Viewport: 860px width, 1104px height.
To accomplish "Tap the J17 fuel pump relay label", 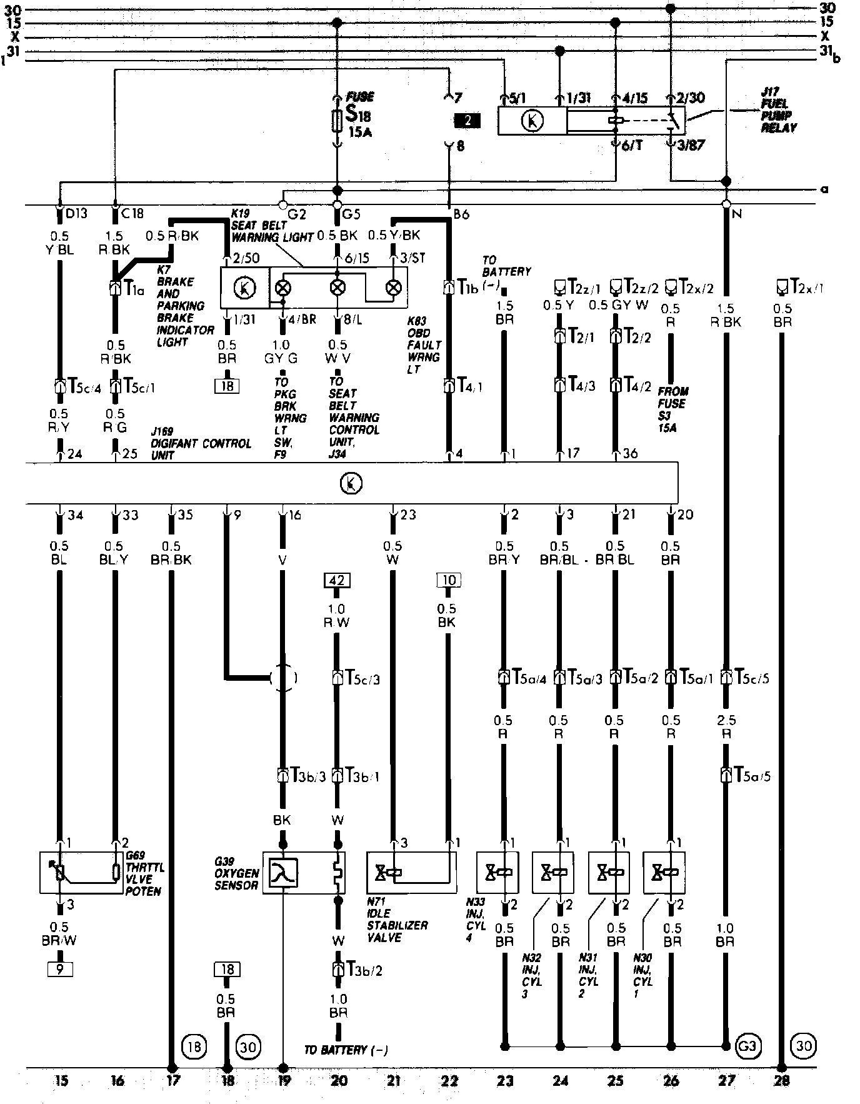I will click(779, 110).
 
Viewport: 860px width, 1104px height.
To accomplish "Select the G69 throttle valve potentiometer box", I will click(81, 871).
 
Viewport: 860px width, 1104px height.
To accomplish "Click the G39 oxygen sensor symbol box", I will click(304, 873).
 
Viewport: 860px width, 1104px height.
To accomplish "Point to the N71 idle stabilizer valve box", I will click(411, 872).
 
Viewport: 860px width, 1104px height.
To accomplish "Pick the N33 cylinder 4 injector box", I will click(497, 872).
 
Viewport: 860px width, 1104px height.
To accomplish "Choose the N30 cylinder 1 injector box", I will click(664, 872).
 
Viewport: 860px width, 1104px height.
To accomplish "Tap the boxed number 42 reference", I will click(337, 581).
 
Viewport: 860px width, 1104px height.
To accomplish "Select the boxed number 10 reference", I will click(449, 581).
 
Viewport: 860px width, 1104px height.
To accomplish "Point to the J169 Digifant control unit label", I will click(200, 443).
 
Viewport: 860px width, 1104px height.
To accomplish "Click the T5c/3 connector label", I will click(362, 678).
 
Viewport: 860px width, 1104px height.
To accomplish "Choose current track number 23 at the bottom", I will click(505, 1080).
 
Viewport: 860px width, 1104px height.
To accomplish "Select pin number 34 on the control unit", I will click(75, 516).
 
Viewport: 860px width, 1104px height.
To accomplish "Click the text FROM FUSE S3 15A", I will click(672, 409).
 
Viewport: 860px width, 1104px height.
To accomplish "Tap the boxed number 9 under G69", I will click(61, 970).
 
